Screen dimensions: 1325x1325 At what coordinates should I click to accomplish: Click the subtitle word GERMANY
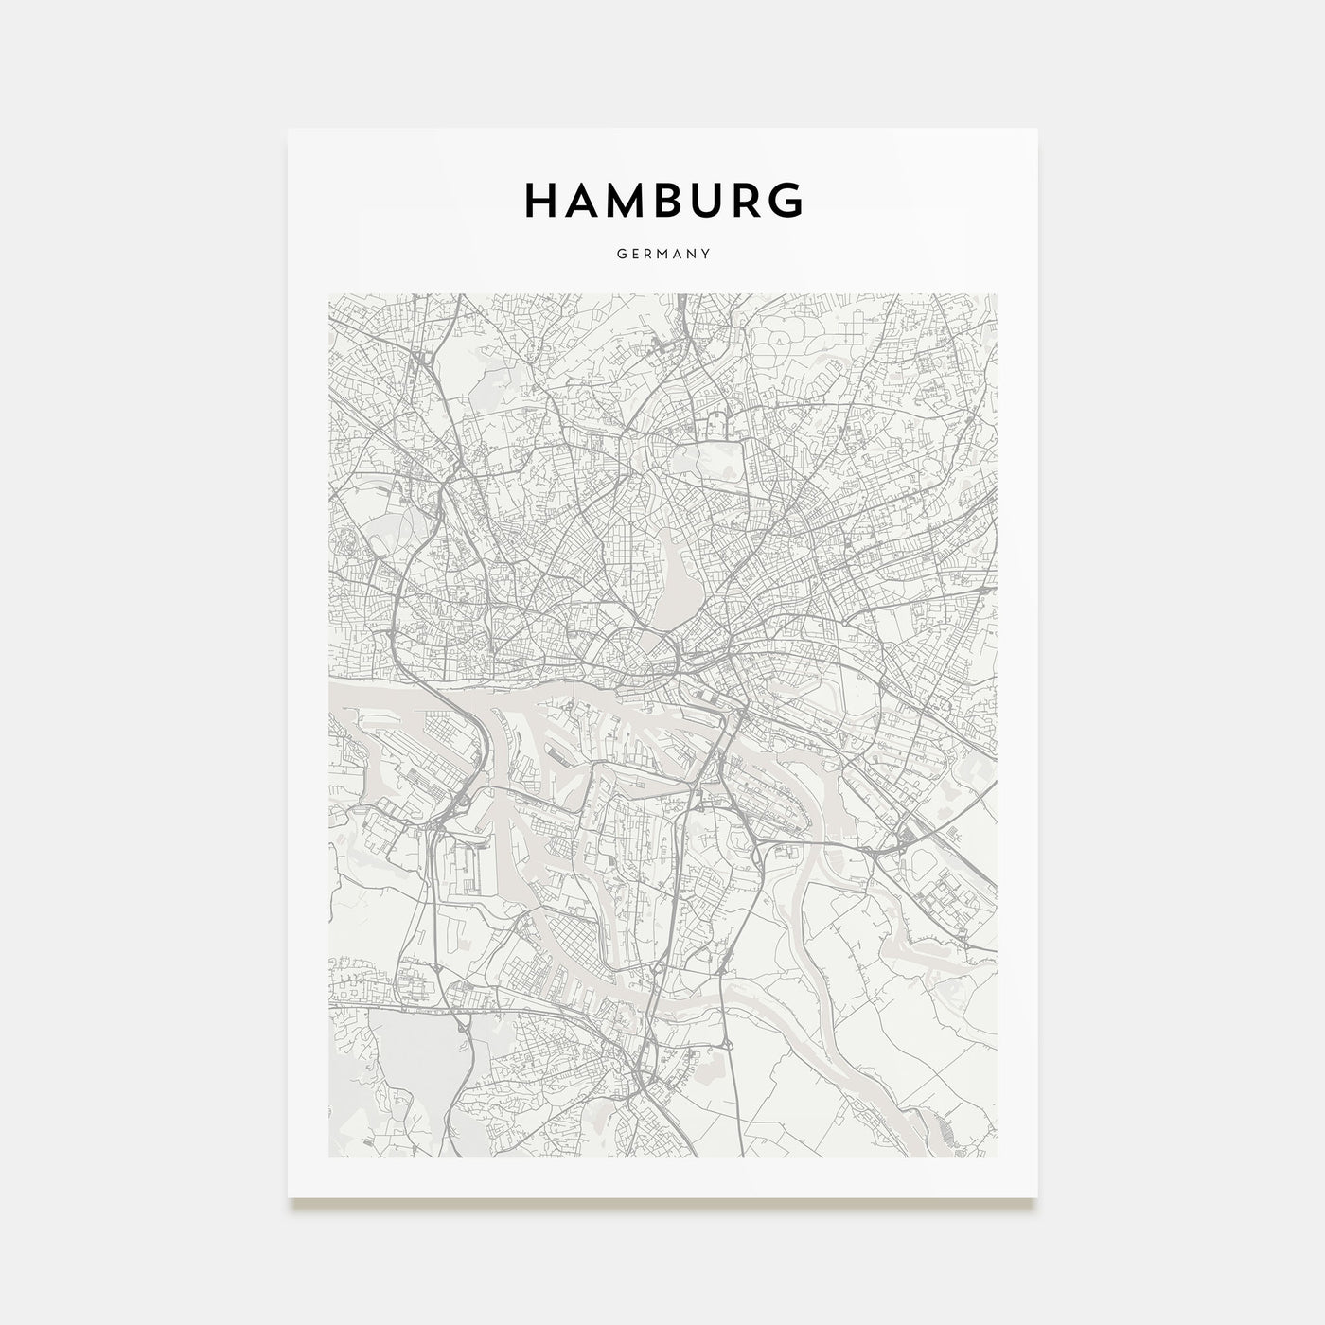[662, 254]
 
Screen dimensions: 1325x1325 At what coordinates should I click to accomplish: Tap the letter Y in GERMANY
[706, 254]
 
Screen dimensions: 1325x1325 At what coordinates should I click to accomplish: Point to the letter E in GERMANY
[632, 254]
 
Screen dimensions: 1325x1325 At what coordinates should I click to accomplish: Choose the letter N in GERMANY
[693, 254]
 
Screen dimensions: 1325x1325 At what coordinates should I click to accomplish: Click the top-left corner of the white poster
[289, 129]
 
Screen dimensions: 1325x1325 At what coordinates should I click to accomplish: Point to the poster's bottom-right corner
[1036, 1197]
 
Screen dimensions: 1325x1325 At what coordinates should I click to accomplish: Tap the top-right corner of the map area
[996, 293]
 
